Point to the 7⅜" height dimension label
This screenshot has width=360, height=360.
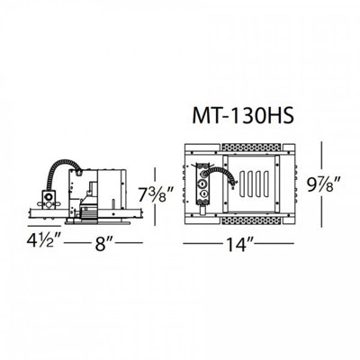pos(156,194)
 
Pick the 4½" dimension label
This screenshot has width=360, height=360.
pos(44,241)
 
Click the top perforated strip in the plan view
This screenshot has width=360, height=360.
pos(251,148)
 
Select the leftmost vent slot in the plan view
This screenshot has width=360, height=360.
pos(242,184)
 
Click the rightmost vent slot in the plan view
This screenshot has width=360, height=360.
pos(265,184)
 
